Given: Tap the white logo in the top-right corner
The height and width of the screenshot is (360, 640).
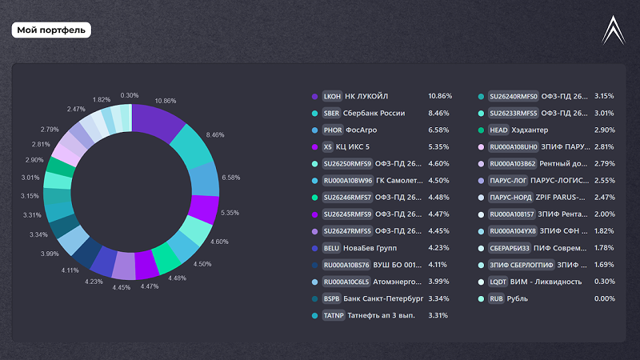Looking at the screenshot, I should pos(614,30).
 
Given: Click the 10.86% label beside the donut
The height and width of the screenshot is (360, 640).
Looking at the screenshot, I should pos(166,101).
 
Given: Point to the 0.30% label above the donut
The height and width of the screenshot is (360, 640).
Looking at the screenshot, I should pos(130,94).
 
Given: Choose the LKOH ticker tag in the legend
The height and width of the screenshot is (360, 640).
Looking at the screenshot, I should pos(332,96).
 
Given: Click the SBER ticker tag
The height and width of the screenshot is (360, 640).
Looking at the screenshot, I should pos(332,113).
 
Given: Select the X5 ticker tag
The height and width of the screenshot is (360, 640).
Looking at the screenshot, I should pos(327,146).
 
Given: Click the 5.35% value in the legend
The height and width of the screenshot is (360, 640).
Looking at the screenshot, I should pos(439,146).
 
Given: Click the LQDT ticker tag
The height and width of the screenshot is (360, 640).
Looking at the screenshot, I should pos(498,282).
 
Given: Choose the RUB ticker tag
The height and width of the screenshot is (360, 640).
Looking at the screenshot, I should pos(497,298).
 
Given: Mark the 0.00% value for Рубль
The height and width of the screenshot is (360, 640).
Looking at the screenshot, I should pos(604,298).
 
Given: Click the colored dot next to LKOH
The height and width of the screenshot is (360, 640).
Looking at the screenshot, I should pos(314,96).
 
